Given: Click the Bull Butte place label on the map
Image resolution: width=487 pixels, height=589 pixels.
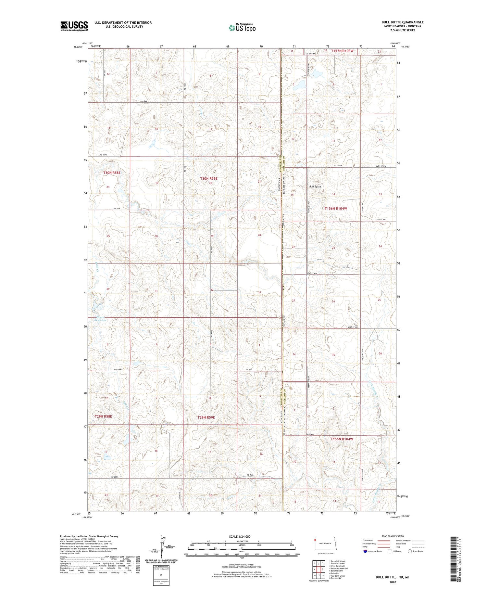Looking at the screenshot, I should coord(315,187).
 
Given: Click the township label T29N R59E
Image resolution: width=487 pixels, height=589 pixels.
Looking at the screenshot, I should coord(206,417).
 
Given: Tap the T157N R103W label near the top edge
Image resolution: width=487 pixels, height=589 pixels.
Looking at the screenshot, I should coord(342,51).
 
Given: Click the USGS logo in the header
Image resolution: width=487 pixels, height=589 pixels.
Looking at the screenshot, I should coord(74,26).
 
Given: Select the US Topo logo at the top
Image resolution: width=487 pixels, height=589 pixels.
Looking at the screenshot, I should coord(242,28).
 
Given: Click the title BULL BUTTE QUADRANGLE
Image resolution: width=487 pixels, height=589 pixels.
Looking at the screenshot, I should coord(403,22).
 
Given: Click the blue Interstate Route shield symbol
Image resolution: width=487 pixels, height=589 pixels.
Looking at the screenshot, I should coord(365,551).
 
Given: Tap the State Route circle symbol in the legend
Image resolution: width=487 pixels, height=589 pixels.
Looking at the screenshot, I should coord(410,551).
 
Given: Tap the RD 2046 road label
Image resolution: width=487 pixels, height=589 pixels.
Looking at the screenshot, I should coord(117,209).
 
